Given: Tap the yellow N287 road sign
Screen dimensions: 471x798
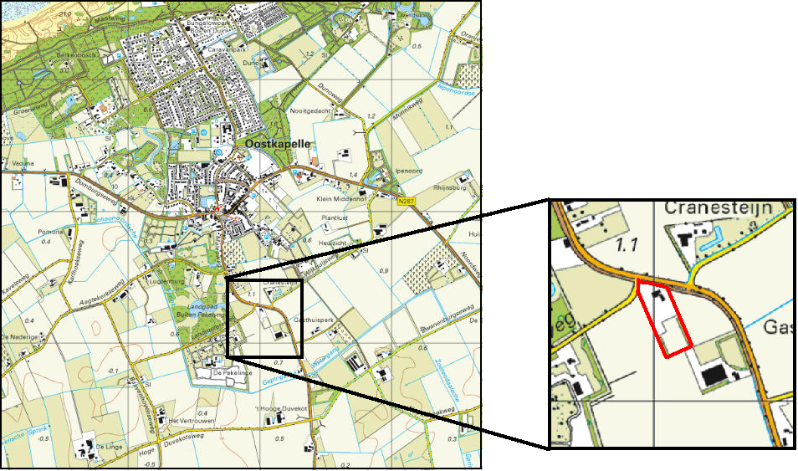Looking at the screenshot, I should (406, 199).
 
